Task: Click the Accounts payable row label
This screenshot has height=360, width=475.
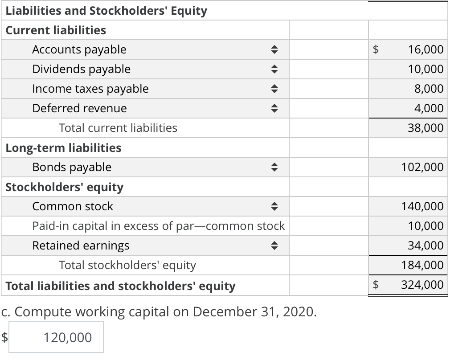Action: point(79,49)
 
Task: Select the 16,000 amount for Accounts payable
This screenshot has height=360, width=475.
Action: point(426,49)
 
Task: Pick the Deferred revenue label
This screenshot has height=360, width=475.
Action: point(79,108)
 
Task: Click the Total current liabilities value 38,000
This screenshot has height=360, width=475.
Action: point(426,128)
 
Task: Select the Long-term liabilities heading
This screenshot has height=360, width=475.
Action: point(63,147)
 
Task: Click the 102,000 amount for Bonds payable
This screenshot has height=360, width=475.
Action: point(422,167)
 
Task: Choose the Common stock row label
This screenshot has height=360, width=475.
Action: point(73,206)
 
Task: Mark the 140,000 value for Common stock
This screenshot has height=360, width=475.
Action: point(422,206)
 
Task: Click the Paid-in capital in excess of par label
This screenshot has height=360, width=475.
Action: point(158,226)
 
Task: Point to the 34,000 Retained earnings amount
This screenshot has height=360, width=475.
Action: point(426,245)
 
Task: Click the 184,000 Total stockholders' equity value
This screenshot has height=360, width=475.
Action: point(422,265)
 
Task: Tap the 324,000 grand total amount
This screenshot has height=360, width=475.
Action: point(422,285)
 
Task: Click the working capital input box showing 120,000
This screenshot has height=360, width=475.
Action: point(56,337)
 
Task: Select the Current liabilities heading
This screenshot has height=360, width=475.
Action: point(56,30)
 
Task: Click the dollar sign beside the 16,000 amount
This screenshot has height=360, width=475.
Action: point(377,49)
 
